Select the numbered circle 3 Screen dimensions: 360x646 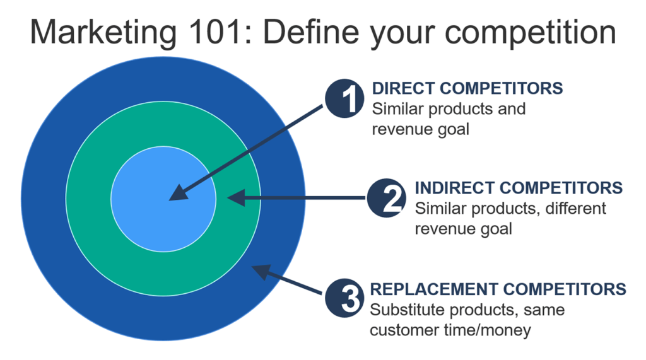(x=345, y=299)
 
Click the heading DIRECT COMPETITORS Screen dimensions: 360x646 (x=467, y=88)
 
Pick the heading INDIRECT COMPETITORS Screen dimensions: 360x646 (x=519, y=188)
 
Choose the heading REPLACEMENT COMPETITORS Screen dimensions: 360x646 (x=498, y=289)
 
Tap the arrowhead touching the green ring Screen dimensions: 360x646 (x=235, y=198)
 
